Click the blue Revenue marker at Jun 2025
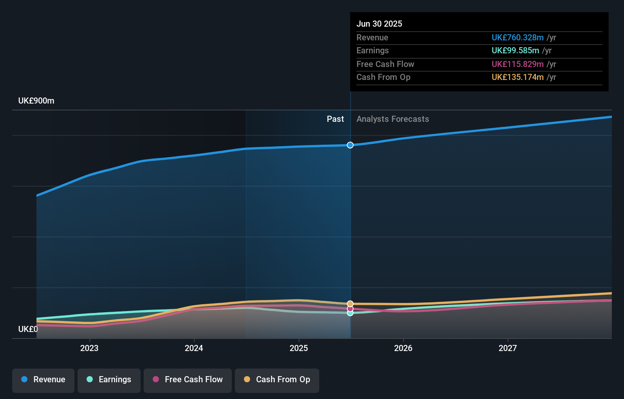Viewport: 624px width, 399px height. point(350,145)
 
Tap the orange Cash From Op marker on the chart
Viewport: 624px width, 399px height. point(350,304)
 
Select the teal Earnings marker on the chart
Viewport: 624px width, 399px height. point(350,313)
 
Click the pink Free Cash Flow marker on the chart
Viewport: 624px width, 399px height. point(350,308)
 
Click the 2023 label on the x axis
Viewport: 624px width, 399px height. point(89,348)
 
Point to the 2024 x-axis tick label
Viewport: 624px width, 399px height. point(194,348)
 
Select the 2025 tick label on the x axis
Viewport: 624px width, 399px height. point(299,348)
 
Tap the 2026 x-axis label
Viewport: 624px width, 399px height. point(403,348)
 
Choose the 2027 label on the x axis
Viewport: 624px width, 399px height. point(508,348)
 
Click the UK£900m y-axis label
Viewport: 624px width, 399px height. point(36,101)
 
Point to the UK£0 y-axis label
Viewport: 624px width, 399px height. point(28,329)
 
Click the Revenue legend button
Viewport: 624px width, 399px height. point(43,380)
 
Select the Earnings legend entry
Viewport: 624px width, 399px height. point(109,380)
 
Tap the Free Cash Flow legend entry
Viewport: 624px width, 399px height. point(188,380)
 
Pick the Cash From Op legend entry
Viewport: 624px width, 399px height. point(277,380)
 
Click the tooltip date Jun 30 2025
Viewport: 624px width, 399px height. point(379,24)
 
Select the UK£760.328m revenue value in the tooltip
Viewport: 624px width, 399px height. point(518,37)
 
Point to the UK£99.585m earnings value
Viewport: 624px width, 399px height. point(515,51)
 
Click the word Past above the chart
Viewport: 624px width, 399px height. point(335,119)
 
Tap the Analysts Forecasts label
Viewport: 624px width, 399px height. point(393,119)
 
